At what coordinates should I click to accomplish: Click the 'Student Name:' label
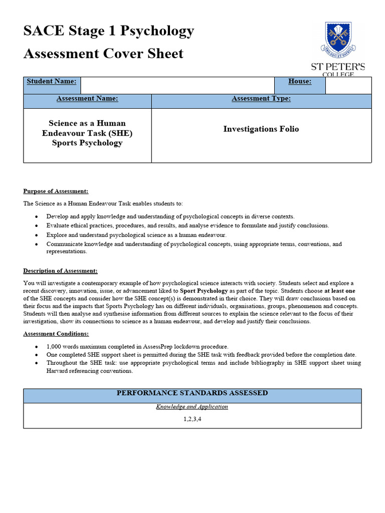click(52, 81)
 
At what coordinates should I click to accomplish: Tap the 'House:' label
click(300, 81)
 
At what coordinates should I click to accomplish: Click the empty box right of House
click(348, 86)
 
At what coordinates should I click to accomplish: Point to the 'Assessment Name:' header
click(87, 99)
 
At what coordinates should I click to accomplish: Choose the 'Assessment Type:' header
click(261, 99)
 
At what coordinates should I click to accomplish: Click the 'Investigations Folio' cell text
click(261, 129)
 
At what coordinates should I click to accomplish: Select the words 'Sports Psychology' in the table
click(87, 143)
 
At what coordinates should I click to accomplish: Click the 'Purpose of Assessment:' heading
click(56, 191)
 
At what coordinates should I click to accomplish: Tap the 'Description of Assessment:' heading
click(60, 271)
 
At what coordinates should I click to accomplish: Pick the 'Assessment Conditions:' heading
click(57, 334)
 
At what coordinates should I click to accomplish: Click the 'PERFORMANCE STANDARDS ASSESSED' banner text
click(192, 393)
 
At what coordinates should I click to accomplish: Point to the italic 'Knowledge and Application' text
click(192, 407)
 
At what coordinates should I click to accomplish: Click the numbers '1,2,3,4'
click(192, 419)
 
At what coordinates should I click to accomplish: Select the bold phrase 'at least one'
click(340, 291)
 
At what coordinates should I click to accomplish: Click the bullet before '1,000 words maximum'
click(37, 347)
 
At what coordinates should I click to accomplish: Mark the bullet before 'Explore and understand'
click(37, 235)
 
